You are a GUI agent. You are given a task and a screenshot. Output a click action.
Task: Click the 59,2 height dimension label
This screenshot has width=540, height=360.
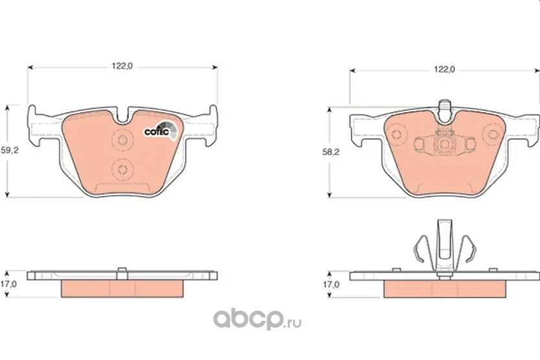click(x=9, y=150)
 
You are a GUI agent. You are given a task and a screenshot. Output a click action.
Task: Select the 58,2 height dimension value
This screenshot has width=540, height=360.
click(x=331, y=152)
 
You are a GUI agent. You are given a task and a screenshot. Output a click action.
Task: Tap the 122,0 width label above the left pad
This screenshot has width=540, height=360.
click(x=122, y=66)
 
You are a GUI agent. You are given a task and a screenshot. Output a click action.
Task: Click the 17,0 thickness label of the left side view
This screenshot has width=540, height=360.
click(x=8, y=284)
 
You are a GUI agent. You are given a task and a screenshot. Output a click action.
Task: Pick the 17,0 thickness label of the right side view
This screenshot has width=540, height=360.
click(x=331, y=284)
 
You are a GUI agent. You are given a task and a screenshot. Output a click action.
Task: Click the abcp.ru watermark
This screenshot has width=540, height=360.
click(x=257, y=320)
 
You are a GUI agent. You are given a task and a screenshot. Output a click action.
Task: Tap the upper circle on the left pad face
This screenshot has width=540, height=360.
click(x=122, y=140)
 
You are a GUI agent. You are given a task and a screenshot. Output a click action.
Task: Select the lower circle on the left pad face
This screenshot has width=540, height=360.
click(x=122, y=170)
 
